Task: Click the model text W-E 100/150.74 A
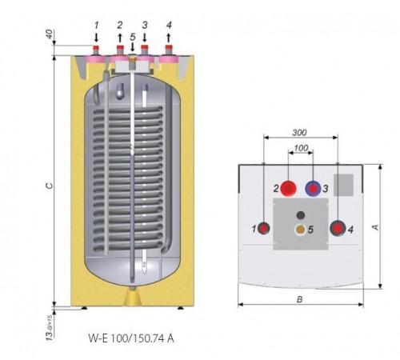click(131, 338)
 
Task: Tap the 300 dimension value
click(299, 133)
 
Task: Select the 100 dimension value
click(302, 148)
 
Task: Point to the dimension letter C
click(50, 186)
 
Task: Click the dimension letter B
click(300, 299)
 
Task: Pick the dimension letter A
click(375, 227)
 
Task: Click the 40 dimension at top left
click(50, 34)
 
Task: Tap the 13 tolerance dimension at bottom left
click(50, 327)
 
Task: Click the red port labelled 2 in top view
click(289, 188)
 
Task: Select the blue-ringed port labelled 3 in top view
click(313, 188)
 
